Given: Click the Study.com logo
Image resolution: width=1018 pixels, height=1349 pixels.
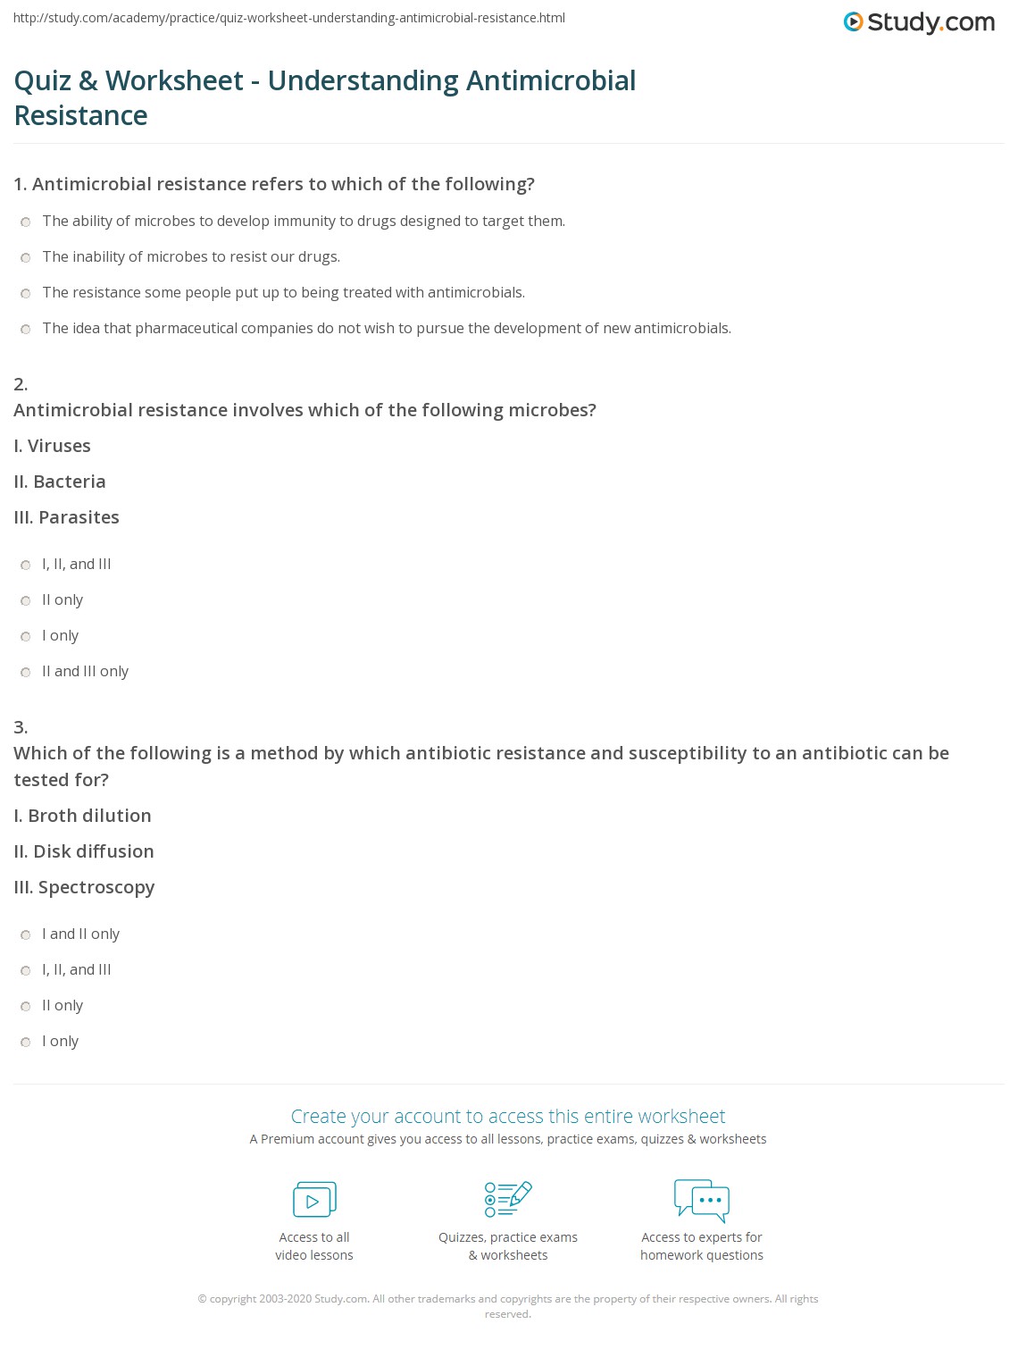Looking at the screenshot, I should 919,22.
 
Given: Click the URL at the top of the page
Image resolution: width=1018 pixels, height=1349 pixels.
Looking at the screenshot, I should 289,18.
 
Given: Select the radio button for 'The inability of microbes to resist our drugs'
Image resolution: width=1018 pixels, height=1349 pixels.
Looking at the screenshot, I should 26,258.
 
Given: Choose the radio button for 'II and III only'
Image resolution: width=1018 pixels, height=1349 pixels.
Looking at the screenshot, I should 26,673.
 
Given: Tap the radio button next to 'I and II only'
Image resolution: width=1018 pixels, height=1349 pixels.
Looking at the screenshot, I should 26,935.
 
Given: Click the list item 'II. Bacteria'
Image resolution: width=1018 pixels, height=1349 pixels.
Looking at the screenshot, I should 60,482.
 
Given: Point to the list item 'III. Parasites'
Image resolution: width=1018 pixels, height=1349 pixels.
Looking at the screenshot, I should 66,517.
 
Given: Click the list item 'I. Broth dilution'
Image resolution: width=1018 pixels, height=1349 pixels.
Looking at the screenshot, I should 82,816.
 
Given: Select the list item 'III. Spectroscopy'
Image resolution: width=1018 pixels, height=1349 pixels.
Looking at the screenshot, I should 84,887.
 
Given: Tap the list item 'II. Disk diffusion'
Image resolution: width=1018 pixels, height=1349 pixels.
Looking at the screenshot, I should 84,851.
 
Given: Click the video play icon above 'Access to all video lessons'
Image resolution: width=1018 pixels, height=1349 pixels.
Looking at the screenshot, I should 314,1200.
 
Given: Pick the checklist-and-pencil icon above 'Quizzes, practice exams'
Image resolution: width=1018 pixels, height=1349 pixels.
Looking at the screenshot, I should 508,1199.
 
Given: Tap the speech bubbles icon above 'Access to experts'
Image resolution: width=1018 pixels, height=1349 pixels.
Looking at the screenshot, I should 702,1200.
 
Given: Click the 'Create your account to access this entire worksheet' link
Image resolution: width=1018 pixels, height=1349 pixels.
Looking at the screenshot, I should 508,1116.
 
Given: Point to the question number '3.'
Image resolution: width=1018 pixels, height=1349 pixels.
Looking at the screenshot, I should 21,727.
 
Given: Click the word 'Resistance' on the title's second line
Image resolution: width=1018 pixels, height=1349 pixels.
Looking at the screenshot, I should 81,116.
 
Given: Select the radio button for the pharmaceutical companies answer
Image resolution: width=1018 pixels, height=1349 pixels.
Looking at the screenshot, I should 26,330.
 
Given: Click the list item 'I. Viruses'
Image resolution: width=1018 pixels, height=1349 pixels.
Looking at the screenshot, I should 52,446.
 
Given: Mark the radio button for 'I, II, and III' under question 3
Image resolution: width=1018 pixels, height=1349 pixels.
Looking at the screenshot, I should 26,971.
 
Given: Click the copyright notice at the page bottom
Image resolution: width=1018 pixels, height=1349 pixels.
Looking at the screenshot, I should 508,1306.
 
